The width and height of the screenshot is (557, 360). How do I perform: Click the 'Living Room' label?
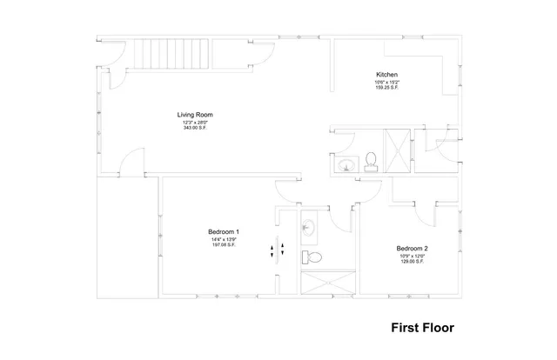click(x=195, y=114)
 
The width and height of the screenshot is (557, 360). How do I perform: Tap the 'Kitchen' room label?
click(x=387, y=74)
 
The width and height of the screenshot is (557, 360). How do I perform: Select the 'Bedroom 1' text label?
click(x=224, y=231)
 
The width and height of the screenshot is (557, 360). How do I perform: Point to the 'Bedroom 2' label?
click(x=411, y=246)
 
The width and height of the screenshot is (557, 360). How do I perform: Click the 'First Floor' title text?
click(x=421, y=330)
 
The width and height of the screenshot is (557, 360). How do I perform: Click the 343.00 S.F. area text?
click(x=195, y=129)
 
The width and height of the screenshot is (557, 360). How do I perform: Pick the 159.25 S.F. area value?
click(x=387, y=88)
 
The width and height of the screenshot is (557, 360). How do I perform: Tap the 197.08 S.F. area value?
click(x=224, y=245)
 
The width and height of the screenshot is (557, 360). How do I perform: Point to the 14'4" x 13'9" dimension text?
click(x=224, y=238)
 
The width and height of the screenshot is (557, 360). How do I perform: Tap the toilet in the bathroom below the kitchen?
click(x=371, y=161)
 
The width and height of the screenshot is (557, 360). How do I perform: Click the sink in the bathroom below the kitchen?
click(x=346, y=165)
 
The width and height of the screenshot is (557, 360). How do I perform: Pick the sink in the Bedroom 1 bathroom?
click(x=307, y=228)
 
